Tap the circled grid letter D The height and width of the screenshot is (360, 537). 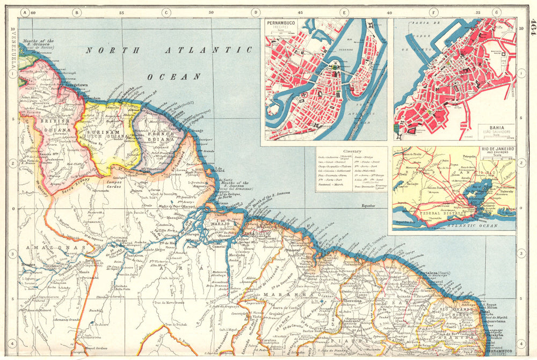[256, 12]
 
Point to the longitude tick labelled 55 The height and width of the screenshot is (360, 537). [121, 12]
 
